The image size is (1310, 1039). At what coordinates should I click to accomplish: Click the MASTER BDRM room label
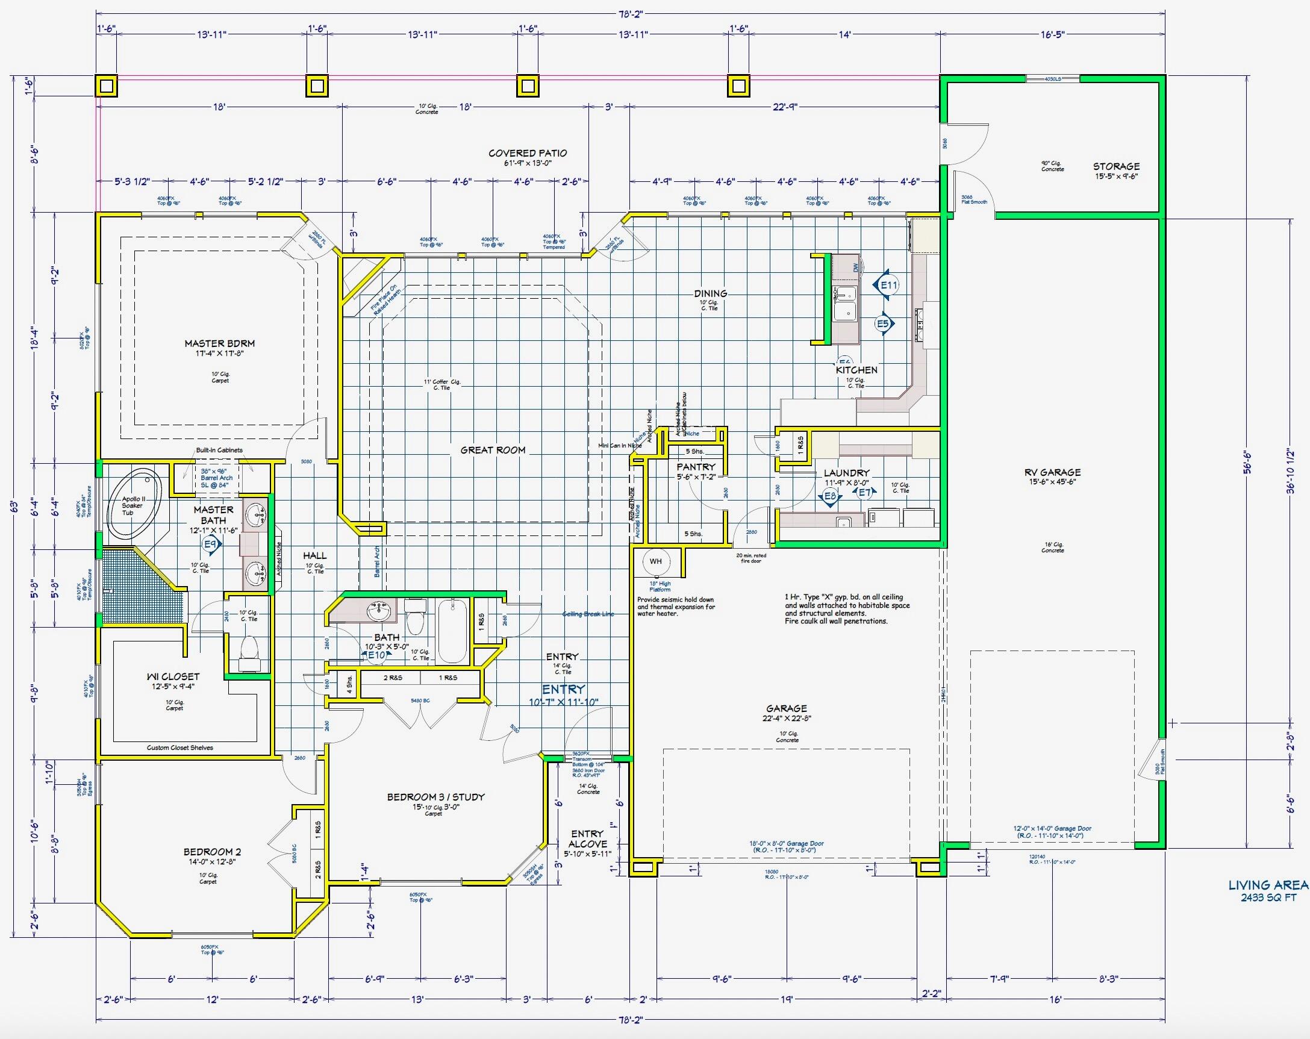[219, 343]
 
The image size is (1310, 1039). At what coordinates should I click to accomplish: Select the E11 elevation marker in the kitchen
[888, 285]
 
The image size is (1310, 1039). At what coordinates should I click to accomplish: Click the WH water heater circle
[656, 561]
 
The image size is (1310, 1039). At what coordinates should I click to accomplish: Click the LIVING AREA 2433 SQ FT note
[1267, 891]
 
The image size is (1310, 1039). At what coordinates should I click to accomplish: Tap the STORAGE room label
[1116, 166]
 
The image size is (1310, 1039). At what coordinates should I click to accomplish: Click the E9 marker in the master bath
[211, 546]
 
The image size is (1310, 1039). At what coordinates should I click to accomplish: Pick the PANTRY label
[696, 467]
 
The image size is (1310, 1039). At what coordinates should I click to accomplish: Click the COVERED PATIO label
[528, 153]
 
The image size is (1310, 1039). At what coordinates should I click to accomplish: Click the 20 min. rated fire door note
[751, 558]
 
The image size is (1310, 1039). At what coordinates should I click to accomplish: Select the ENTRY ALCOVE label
[587, 838]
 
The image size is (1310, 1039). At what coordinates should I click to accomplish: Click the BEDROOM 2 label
[207, 852]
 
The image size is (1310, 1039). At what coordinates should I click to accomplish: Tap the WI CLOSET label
[173, 676]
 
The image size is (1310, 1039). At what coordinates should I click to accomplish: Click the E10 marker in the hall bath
[376, 655]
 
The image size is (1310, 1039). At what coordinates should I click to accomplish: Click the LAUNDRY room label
[846, 473]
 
